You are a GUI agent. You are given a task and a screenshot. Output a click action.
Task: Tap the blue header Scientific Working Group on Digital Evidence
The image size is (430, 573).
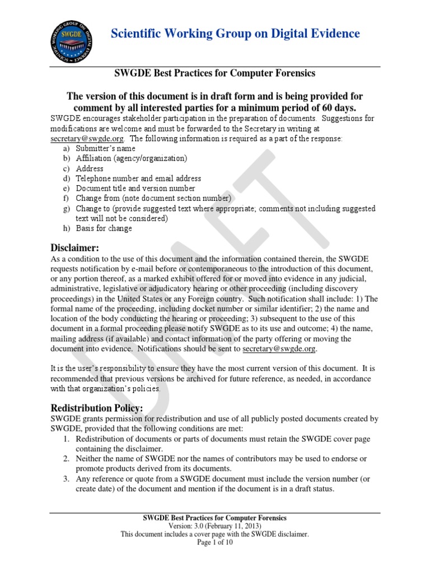click(235, 34)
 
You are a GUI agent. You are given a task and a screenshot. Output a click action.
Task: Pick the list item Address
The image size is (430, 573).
click(90, 168)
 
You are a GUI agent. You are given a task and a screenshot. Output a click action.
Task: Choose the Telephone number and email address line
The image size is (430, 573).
click(138, 179)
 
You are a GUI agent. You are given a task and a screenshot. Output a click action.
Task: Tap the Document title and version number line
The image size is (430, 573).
click(135, 189)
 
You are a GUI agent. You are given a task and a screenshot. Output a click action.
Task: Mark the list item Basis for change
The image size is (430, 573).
click(104, 228)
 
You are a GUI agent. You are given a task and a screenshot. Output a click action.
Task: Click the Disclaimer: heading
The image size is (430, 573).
click(75, 248)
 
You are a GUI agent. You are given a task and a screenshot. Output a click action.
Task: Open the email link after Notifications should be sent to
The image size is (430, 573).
click(279, 349)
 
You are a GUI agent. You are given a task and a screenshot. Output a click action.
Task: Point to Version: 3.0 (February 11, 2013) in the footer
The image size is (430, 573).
click(215, 526)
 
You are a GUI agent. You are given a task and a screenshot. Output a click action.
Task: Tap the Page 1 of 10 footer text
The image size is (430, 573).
click(215, 542)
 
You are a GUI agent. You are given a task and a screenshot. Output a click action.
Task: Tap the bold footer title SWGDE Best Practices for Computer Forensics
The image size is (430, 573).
click(215, 518)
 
